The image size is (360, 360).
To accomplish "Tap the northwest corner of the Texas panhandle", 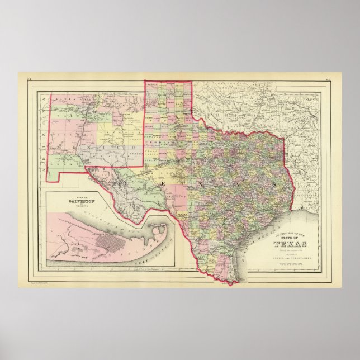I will (145, 82).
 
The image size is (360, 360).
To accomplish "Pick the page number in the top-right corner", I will (330, 79).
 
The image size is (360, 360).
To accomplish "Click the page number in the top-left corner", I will (29, 79).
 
